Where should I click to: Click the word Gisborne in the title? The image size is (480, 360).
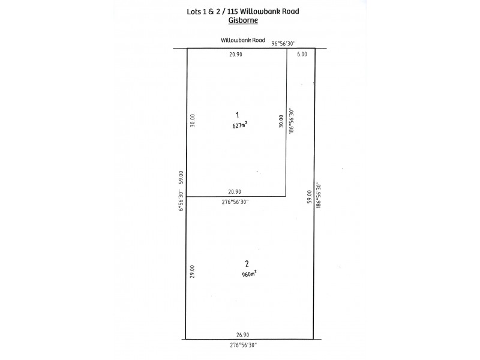pyautogui.click(x=243, y=20)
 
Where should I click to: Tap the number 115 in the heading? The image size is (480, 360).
pyautogui.click(x=233, y=11)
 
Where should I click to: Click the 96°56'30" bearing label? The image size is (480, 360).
pyautogui.click(x=283, y=44)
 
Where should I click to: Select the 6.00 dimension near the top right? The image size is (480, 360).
pyautogui.click(x=302, y=54)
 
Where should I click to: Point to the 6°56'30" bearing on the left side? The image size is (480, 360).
pyautogui.click(x=181, y=201)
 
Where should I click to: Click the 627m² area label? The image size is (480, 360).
pyautogui.click(x=240, y=125)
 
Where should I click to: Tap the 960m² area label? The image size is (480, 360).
pyautogui.click(x=249, y=274)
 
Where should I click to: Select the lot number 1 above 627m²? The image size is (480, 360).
pyautogui.click(x=237, y=115)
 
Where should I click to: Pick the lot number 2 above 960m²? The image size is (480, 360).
pyautogui.click(x=247, y=263)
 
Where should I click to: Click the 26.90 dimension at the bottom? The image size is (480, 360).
pyautogui.click(x=243, y=335)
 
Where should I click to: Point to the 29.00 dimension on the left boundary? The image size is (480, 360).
pyautogui.click(x=192, y=271)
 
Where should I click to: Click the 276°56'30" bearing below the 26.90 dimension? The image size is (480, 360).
pyautogui.click(x=244, y=346)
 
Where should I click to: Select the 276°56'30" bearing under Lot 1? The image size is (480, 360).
pyautogui.click(x=235, y=202)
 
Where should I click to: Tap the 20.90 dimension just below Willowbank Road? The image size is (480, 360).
pyautogui.click(x=236, y=55)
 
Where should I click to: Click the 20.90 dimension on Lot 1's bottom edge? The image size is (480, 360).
pyautogui.click(x=235, y=192)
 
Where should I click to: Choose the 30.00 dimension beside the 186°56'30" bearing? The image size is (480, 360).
pyautogui.click(x=281, y=121)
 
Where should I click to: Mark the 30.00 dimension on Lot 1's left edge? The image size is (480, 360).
pyautogui.click(x=192, y=121)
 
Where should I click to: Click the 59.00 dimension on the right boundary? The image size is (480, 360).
pyautogui.click(x=309, y=197)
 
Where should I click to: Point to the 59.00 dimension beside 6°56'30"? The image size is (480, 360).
pyautogui.click(x=181, y=177)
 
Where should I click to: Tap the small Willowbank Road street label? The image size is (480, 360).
pyautogui.click(x=243, y=40)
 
